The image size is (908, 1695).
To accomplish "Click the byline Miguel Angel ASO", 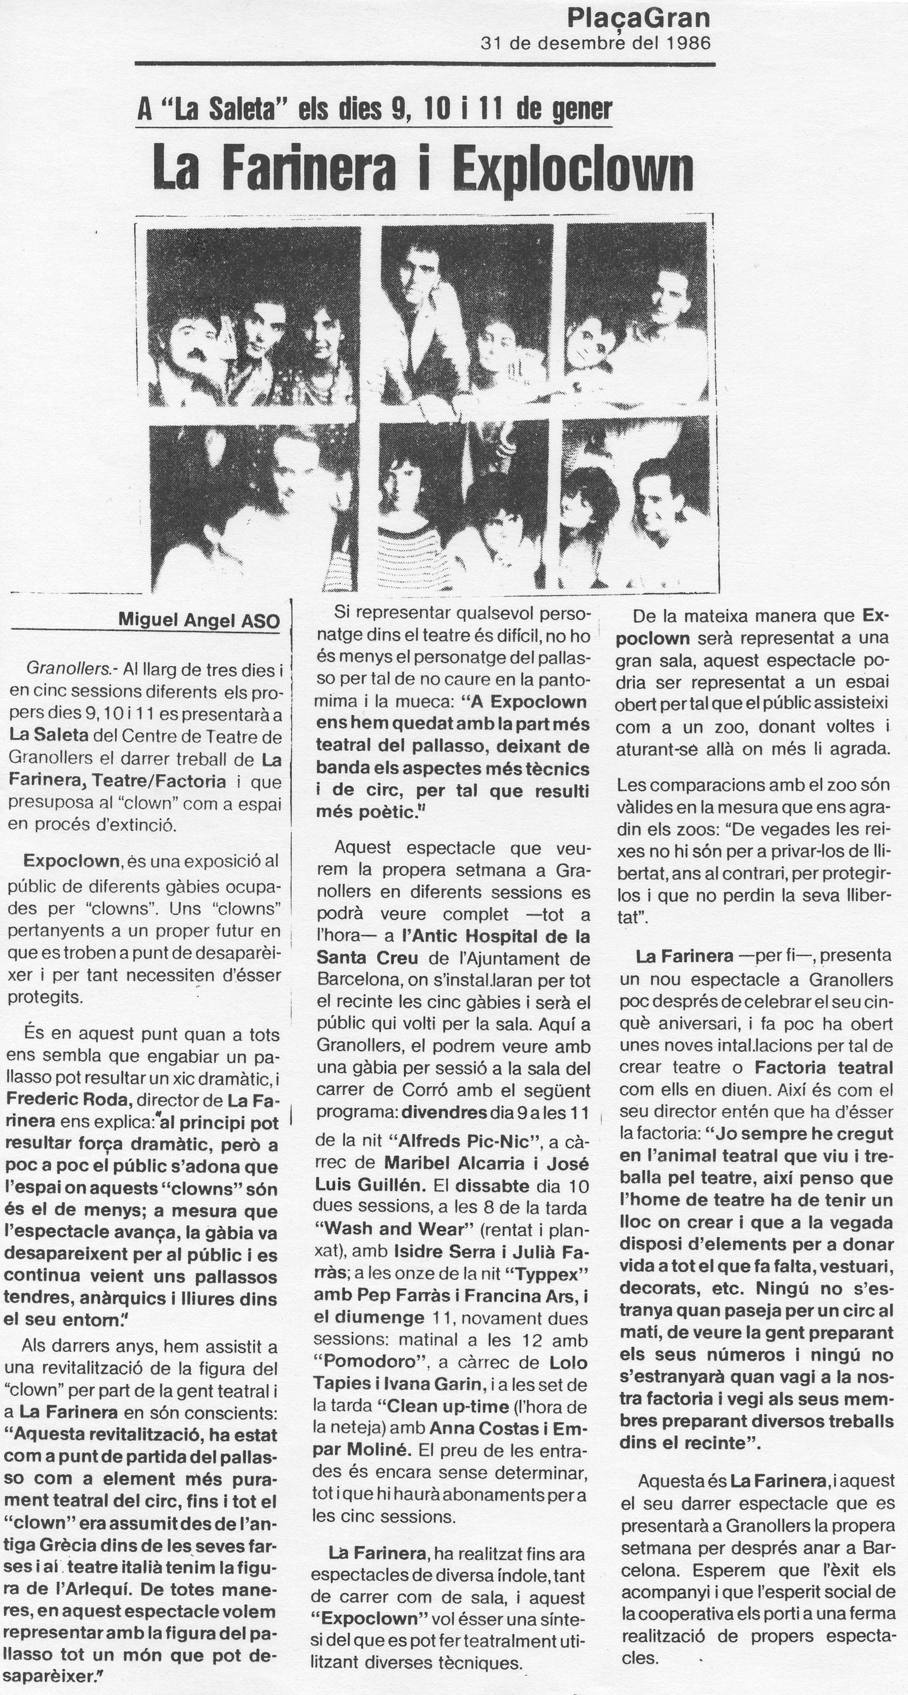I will point(199,621).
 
